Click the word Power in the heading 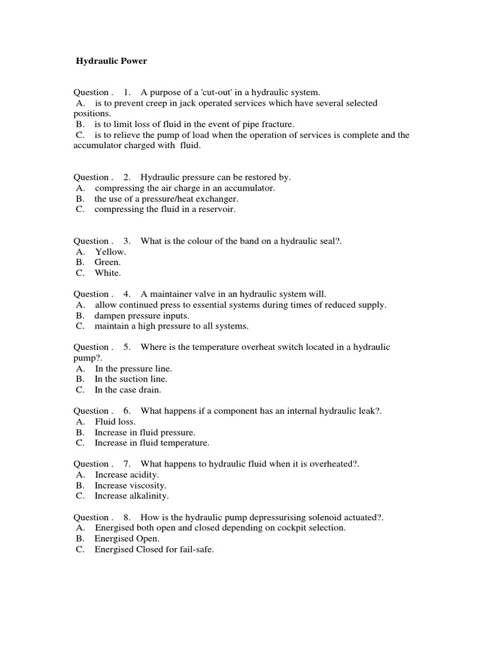click(x=131, y=61)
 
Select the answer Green click(x=107, y=262)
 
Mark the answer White click(x=107, y=273)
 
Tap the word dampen click(x=111, y=315)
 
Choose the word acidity click(x=145, y=475)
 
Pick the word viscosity click(x=148, y=485)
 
